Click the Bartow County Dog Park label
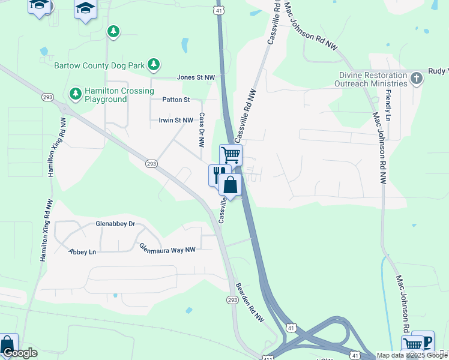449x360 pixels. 100,65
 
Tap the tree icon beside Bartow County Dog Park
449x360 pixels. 154,64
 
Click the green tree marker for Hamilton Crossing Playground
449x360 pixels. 75,93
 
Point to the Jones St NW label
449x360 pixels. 196,77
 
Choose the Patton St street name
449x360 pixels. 176,99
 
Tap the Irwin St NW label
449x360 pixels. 176,120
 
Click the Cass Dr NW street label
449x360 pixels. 202,130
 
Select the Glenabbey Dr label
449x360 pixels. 116,224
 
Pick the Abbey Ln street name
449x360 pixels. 82,252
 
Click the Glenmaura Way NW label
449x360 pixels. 167,247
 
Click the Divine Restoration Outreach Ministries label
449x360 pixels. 373,79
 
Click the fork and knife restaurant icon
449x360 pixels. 217,174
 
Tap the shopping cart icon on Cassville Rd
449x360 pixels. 231,154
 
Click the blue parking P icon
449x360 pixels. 427,341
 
